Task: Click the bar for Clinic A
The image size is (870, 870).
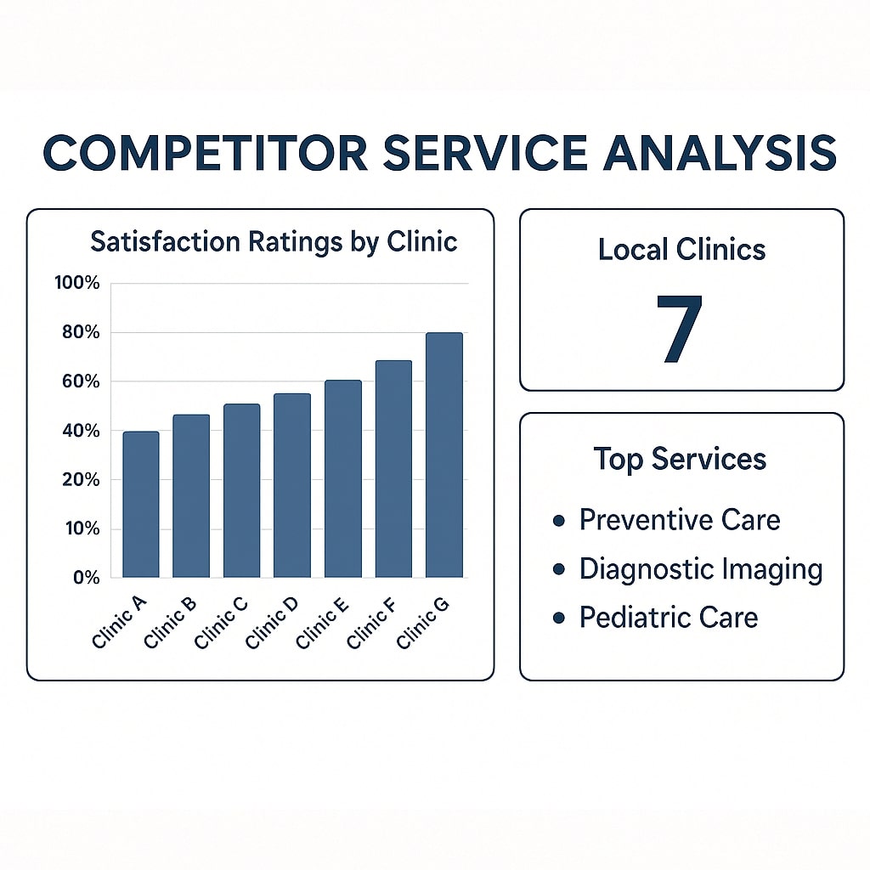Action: (x=141, y=505)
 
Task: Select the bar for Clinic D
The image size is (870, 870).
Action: (x=292, y=485)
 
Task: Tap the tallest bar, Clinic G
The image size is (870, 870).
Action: (x=443, y=455)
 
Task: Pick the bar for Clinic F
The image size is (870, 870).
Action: (x=393, y=469)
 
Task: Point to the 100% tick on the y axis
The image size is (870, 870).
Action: (x=77, y=283)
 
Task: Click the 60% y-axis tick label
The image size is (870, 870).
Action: (x=81, y=381)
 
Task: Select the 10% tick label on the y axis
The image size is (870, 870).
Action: (x=82, y=528)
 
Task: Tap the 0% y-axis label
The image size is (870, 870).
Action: (x=87, y=578)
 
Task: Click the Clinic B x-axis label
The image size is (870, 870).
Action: (x=170, y=622)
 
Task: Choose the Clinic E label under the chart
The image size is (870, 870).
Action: (x=322, y=622)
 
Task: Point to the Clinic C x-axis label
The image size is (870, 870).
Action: (x=221, y=622)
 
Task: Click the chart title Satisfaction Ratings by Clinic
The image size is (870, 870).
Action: (x=274, y=242)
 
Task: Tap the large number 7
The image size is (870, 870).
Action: (x=680, y=329)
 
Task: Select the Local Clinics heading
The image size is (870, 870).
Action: (x=682, y=250)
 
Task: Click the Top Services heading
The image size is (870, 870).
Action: (x=680, y=460)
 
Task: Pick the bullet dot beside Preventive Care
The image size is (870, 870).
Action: (x=559, y=521)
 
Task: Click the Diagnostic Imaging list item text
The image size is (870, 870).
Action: (x=701, y=569)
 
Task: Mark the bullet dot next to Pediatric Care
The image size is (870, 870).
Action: (x=559, y=618)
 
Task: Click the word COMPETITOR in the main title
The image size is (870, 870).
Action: (x=206, y=153)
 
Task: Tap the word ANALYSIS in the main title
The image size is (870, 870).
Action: (x=720, y=153)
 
